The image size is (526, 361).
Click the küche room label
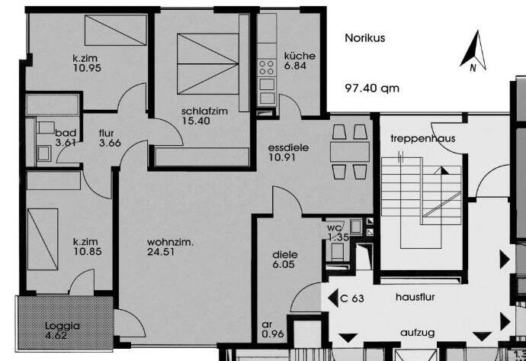coord(300,56)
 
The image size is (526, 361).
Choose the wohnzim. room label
coord(171,243)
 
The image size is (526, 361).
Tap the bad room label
coord(66,131)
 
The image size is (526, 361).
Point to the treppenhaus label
coord(417,139)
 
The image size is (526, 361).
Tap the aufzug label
coord(419,334)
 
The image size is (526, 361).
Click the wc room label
coord(333,227)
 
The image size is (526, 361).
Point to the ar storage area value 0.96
coord(273,334)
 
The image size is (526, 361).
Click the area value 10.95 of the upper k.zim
coord(88,68)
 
